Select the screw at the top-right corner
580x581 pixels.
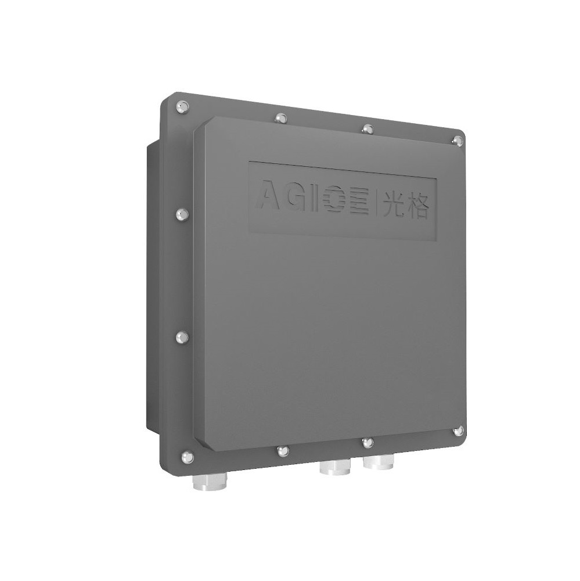(x=457, y=141)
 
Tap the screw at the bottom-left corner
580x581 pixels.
(x=187, y=457)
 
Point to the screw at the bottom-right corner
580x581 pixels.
(x=458, y=431)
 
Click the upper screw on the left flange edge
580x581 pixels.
(x=181, y=214)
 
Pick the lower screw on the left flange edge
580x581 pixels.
(x=181, y=337)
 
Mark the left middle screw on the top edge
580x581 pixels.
(x=280, y=119)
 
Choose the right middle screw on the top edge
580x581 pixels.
(x=368, y=129)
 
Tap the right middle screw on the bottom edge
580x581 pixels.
(x=367, y=443)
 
